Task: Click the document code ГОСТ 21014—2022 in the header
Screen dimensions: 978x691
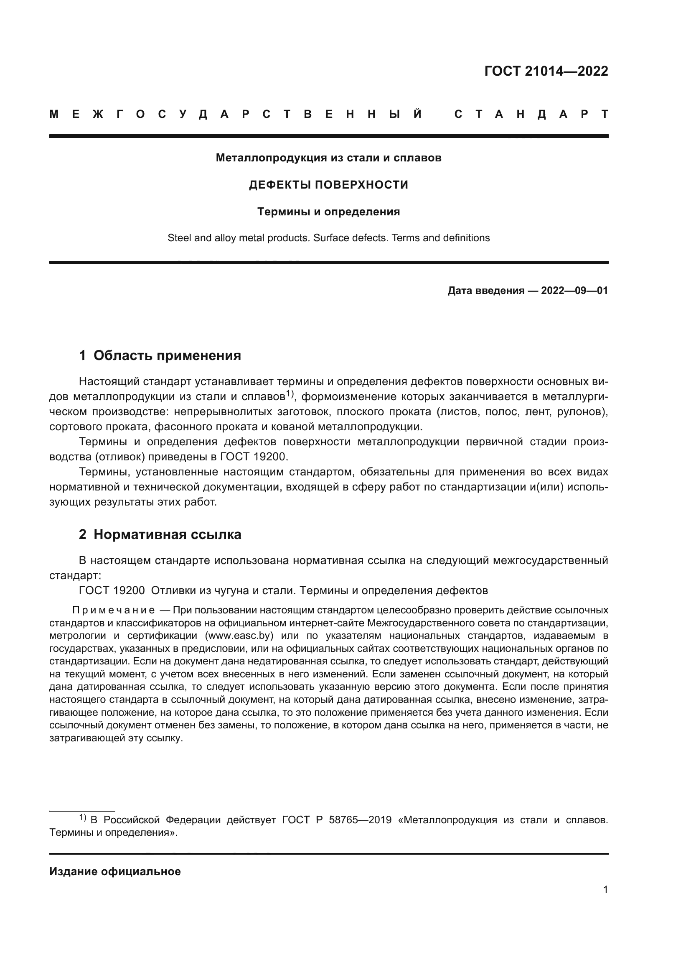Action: [x=546, y=71]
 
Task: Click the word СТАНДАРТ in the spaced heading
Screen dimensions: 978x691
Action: [x=531, y=115]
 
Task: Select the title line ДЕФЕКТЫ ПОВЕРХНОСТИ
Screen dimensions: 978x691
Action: [x=328, y=185]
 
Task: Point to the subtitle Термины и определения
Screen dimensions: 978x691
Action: [x=328, y=212]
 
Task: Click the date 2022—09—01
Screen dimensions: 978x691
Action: [x=574, y=291]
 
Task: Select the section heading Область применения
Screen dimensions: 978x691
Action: [x=167, y=355]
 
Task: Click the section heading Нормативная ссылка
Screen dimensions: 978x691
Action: [x=167, y=534]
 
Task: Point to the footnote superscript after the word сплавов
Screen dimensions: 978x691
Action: [x=290, y=394]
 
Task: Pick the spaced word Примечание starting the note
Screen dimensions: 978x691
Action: [x=114, y=610]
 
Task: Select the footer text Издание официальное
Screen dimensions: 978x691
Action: [x=115, y=871]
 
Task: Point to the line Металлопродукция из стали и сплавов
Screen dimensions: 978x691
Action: [x=328, y=158]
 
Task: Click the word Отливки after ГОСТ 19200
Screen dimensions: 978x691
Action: [x=170, y=591]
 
